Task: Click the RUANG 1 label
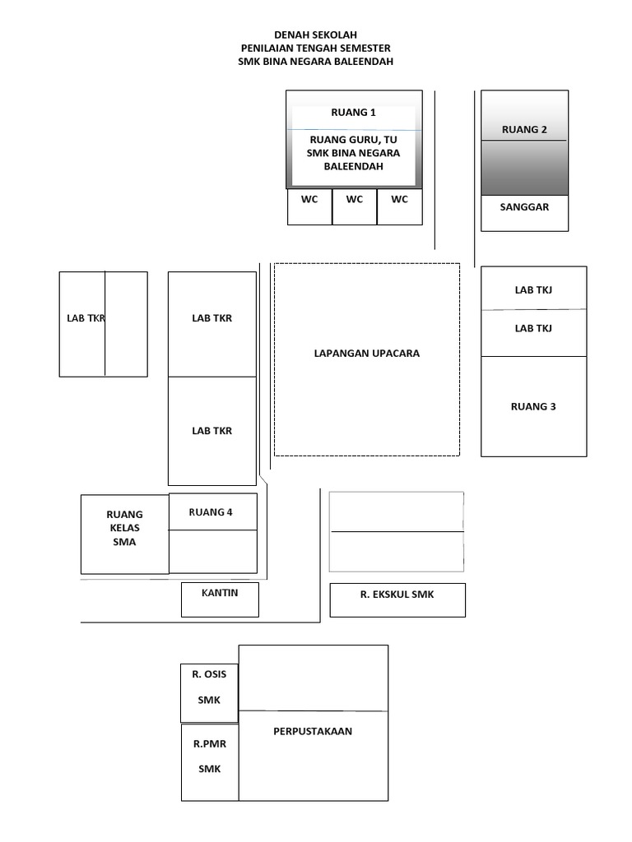tap(353, 113)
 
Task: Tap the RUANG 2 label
tap(524, 129)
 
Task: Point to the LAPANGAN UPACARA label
tap(366, 354)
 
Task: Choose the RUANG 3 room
tap(533, 406)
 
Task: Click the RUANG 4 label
tap(211, 512)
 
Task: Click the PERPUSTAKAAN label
tap(313, 731)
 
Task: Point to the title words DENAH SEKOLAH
tap(315, 35)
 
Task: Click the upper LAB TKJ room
tap(533, 289)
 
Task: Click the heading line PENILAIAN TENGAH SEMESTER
tap(315, 49)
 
